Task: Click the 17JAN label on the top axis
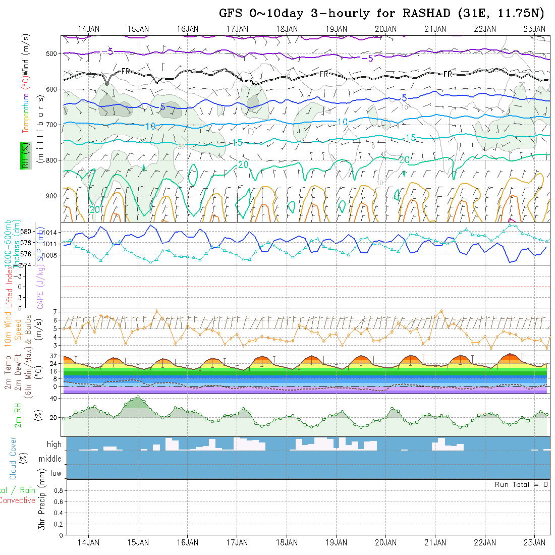pyautogui.click(x=237, y=29)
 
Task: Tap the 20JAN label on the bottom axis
pyautogui.click(x=385, y=542)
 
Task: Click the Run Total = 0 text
pyautogui.click(x=521, y=484)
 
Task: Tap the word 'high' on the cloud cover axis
pyautogui.click(x=54, y=445)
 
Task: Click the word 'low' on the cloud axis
pyautogui.click(x=55, y=473)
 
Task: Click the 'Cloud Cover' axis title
pyautogui.click(x=13, y=458)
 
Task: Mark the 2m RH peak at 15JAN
pyautogui.click(x=138, y=397)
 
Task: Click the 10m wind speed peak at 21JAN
pyautogui.click(x=442, y=311)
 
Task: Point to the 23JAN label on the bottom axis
pyautogui.click(x=534, y=542)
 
